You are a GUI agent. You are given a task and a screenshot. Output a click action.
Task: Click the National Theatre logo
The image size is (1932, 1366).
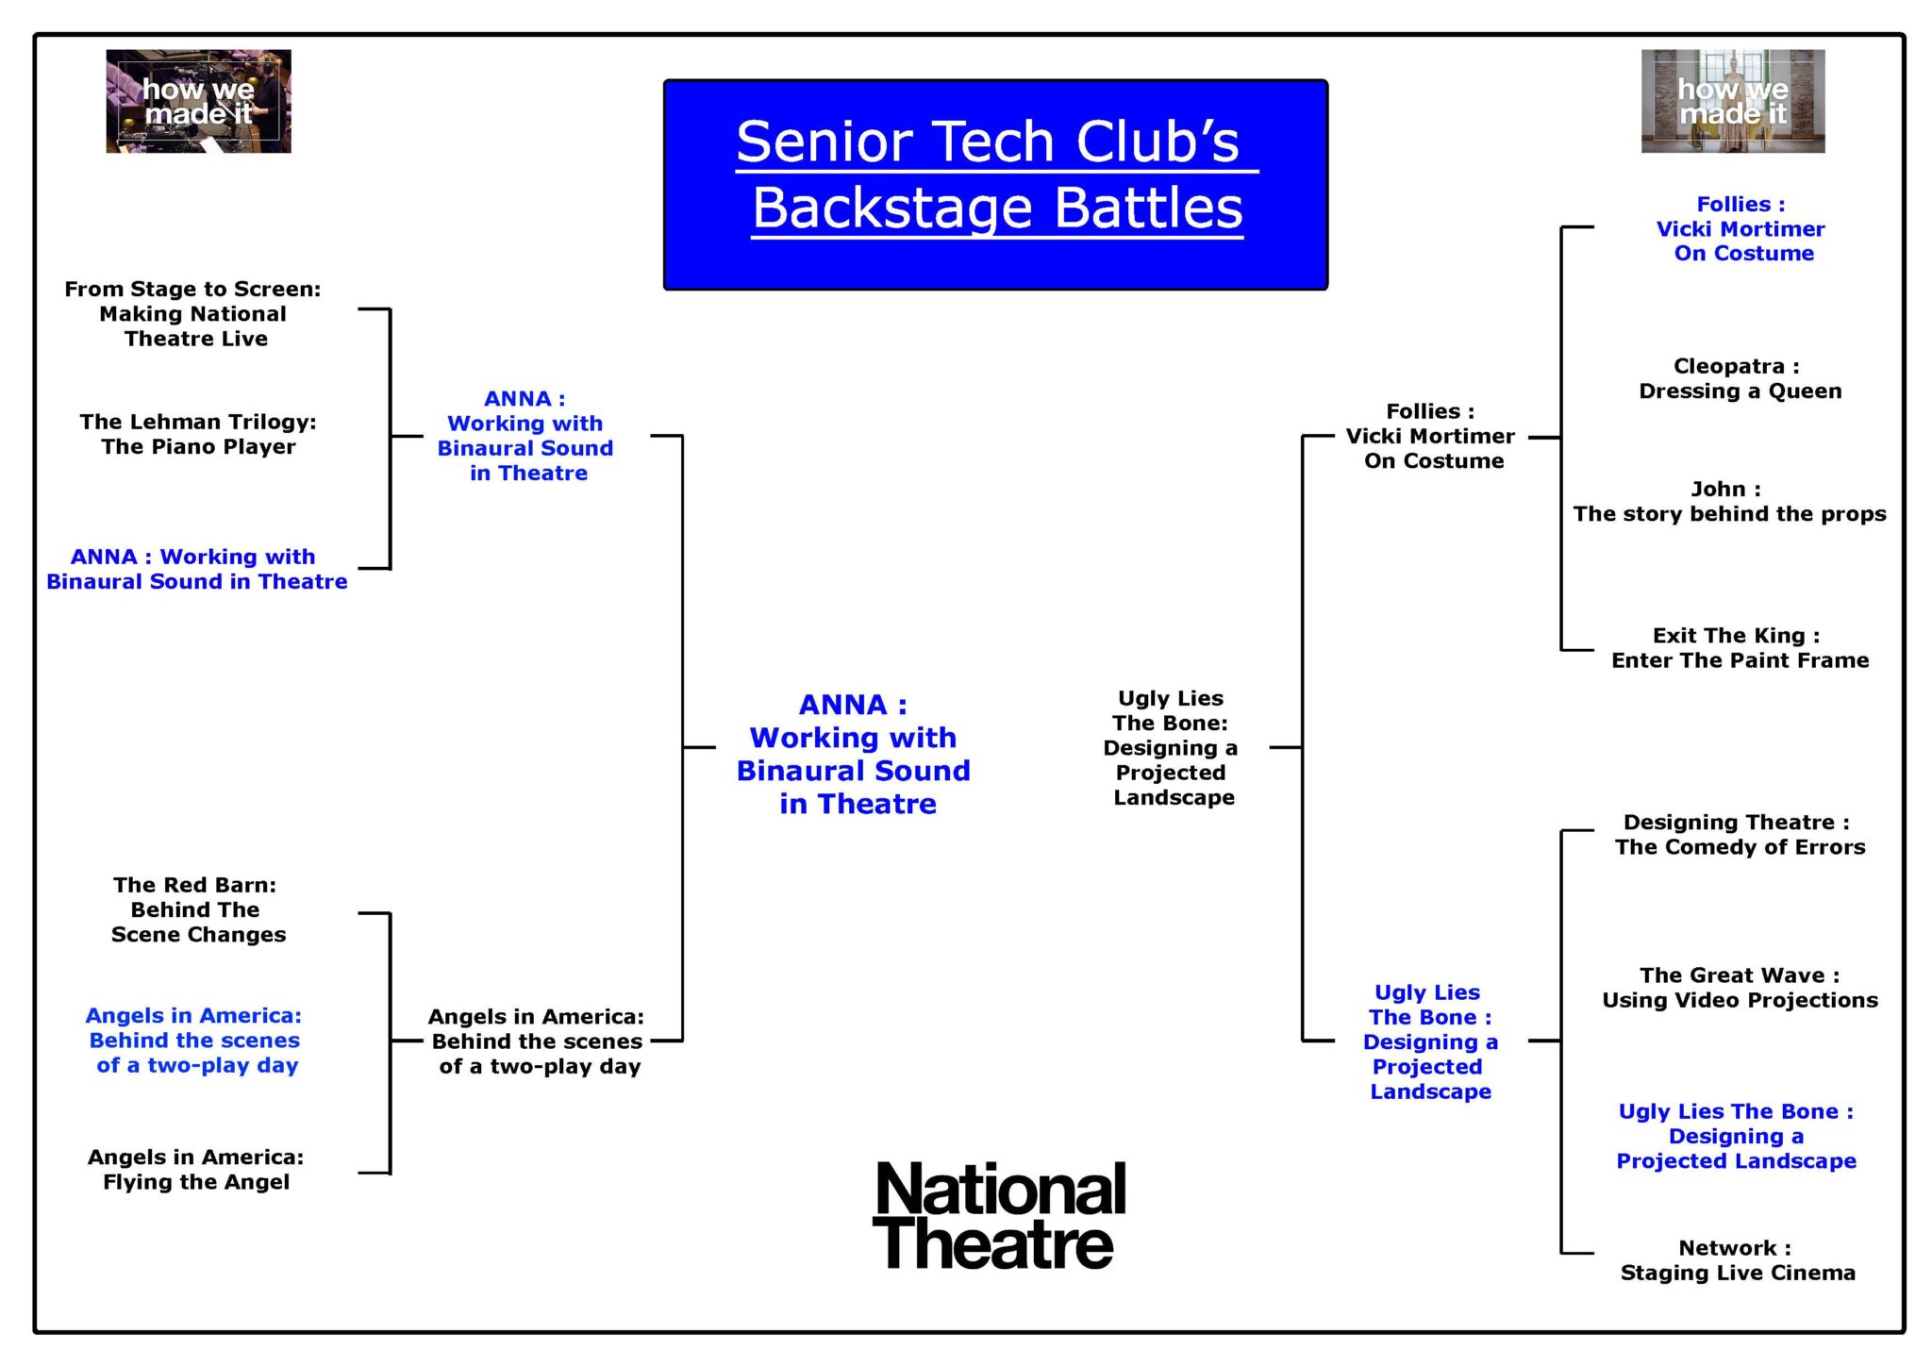[x=999, y=1216]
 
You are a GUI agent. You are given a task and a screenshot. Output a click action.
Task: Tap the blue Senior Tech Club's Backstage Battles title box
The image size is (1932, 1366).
[x=995, y=185]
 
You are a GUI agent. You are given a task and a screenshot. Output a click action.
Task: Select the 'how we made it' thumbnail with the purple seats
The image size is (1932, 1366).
[x=198, y=101]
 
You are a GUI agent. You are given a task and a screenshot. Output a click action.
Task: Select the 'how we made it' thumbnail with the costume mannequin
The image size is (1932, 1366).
[x=1733, y=101]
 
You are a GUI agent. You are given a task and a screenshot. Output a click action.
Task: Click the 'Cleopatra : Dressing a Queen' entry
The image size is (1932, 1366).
[x=1740, y=378]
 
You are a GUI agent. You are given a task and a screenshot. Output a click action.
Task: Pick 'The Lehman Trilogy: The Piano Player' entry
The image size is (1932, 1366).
[x=198, y=434]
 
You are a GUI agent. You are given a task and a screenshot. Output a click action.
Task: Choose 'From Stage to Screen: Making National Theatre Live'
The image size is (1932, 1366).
[x=193, y=314]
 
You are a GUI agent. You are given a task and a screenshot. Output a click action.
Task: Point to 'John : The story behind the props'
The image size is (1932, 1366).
[x=1729, y=501]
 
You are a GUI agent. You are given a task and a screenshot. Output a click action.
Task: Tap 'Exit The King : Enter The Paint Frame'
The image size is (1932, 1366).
[x=1740, y=648]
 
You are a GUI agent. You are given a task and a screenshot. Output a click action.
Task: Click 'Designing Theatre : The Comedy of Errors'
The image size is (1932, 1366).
[x=1740, y=835]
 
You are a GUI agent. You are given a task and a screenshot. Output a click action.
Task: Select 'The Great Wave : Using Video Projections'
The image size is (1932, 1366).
[x=1740, y=988]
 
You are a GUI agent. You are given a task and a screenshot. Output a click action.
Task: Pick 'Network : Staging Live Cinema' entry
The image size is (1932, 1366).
[x=1738, y=1260]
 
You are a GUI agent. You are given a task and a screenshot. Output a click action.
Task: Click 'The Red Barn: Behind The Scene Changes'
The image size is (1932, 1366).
[x=197, y=909]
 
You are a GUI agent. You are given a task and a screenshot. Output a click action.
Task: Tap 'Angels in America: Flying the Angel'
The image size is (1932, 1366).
[x=196, y=1170]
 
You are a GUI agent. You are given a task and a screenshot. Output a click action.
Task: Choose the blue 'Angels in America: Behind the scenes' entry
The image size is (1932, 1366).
[x=195, y=1041]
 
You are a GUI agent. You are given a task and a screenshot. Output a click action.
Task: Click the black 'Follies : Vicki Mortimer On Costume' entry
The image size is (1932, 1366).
[x=1431, y=436]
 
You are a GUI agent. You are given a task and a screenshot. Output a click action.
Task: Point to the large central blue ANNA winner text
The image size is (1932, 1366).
[x=854, y=754]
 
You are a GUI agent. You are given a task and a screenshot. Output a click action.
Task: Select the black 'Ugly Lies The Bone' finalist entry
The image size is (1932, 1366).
[x=1172, y=747]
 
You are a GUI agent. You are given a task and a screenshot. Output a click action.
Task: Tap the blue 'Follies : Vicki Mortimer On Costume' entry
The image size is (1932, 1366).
[x=1741, y=228]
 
